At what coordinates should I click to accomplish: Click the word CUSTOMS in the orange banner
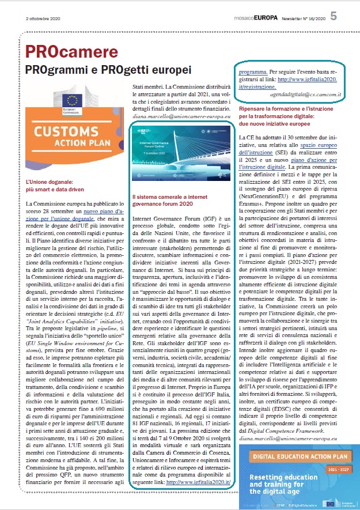coord(70,130)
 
